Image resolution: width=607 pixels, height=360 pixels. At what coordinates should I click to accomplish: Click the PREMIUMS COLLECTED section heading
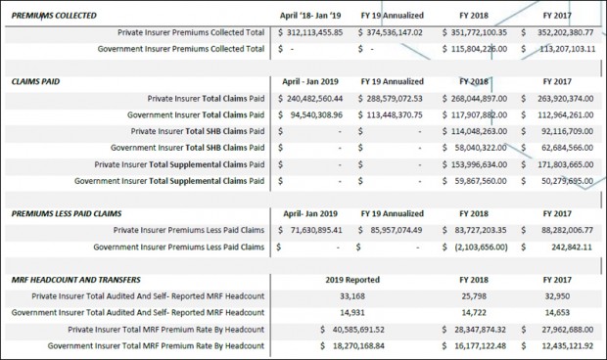[x=54, y=16]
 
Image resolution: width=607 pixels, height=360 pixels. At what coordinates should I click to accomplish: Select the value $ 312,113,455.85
[x=310, y=32]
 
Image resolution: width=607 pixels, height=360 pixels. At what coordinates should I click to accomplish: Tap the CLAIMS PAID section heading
[x=35, y=81]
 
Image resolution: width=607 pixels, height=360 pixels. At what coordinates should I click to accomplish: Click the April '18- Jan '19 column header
[x=310, y=16]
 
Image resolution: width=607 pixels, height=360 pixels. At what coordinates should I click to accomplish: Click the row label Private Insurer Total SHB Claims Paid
[x=198, y=131]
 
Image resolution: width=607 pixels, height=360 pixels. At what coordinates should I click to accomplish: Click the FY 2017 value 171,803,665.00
[x=565, y=164]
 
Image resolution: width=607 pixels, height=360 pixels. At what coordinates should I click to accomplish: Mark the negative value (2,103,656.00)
[x=481, y=247]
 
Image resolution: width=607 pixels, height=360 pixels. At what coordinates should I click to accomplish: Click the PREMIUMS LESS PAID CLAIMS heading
[x=67, y=214]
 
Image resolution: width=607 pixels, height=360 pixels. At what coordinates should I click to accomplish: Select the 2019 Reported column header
[x=352, y=280]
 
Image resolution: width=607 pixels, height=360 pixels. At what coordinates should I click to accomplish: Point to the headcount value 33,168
[x=352, y=296]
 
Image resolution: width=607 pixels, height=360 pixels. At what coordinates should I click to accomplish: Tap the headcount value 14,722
[x=474, y=313]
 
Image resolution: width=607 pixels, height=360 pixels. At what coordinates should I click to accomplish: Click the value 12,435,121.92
[x=567, y=346]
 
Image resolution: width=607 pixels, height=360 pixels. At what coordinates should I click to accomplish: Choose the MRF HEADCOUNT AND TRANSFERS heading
[x=76, y=280]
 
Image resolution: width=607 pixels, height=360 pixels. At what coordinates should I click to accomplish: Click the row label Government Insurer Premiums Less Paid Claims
[x=179, y=247]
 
